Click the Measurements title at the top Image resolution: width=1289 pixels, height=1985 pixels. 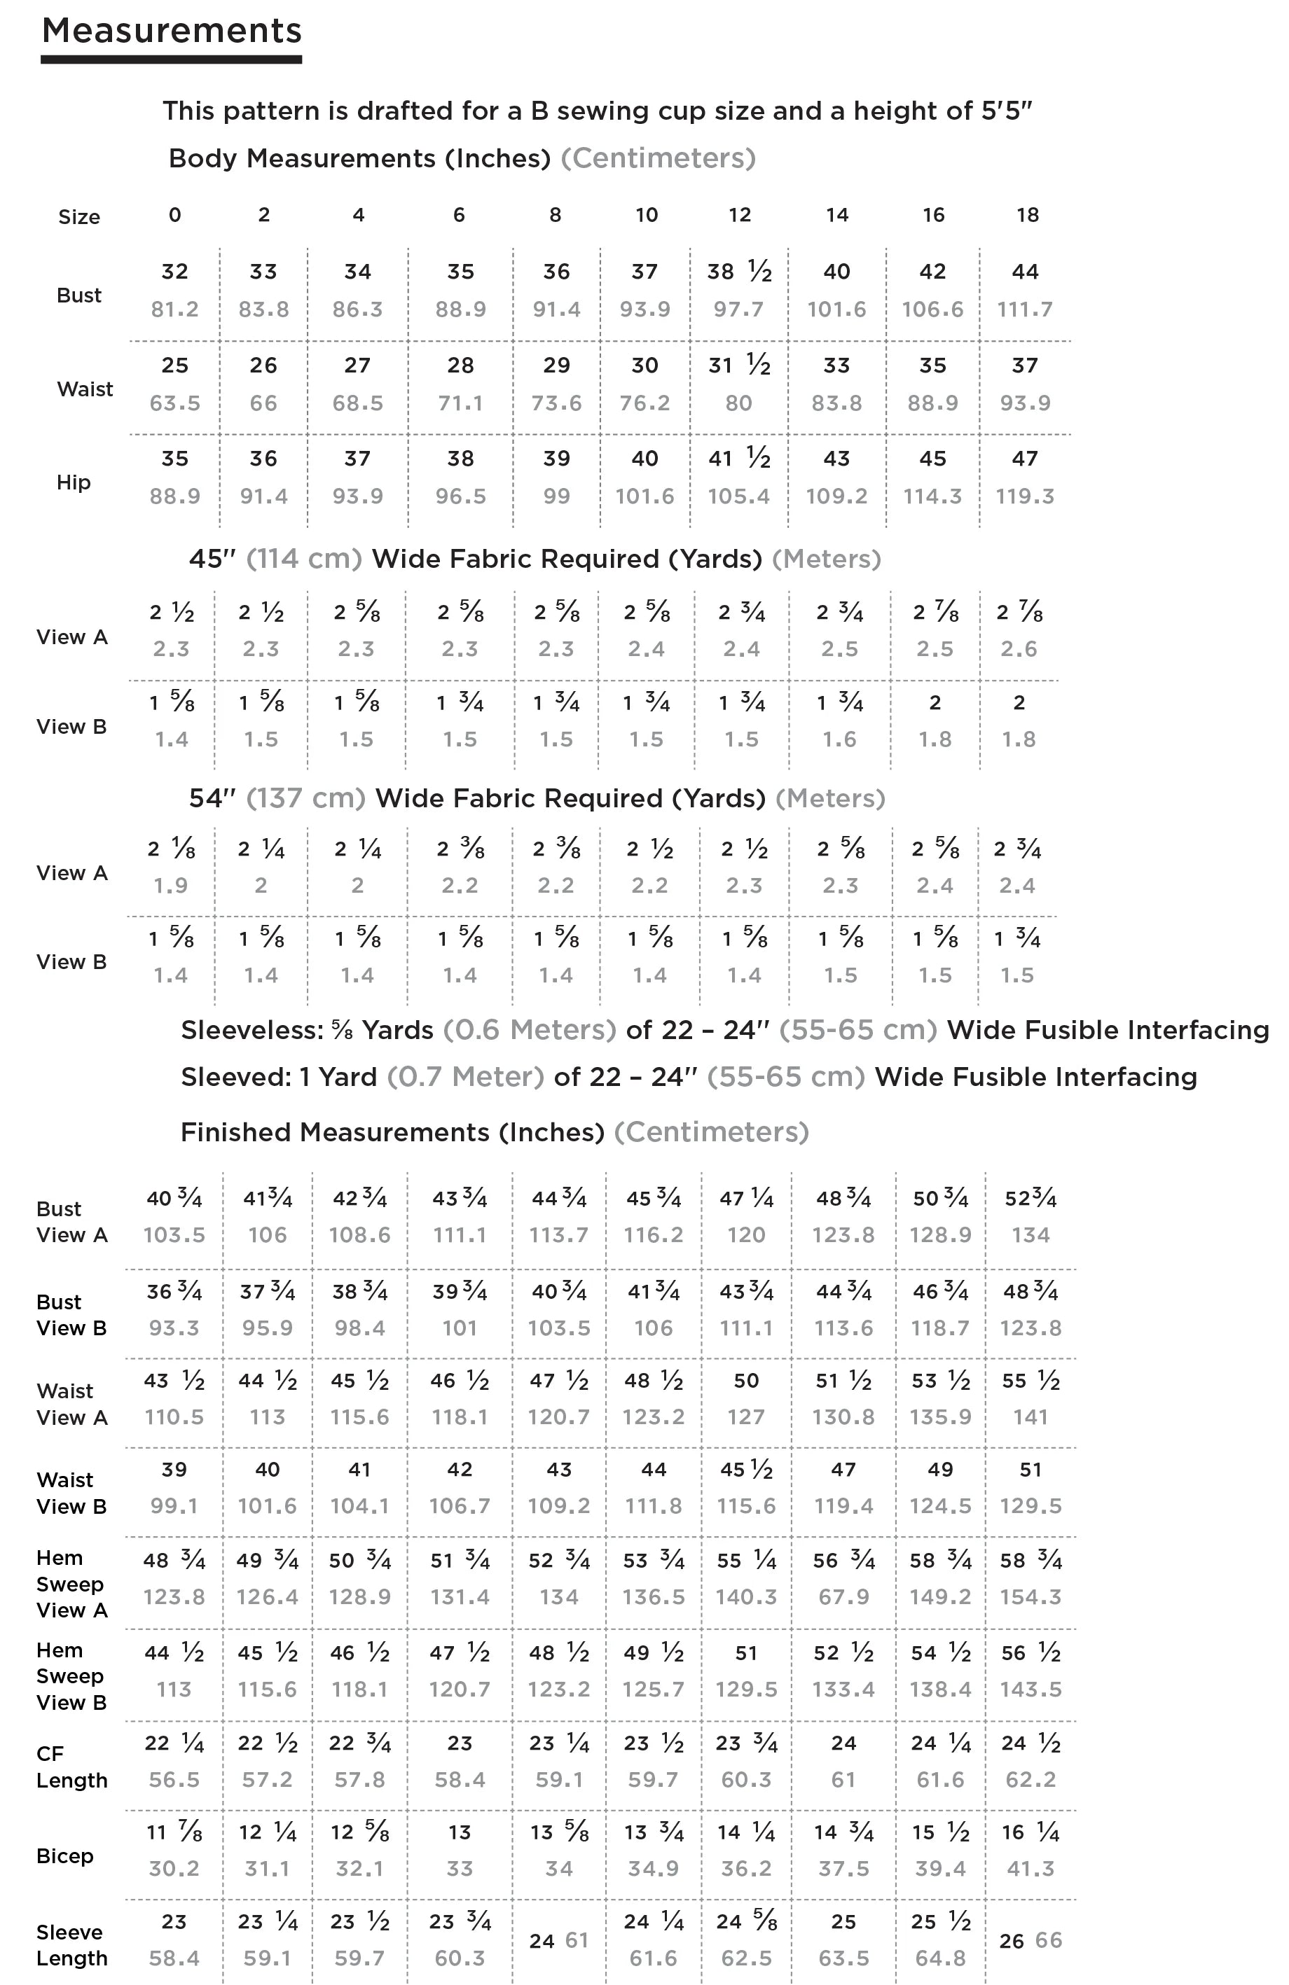pos(171,31)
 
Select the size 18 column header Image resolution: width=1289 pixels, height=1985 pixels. pos(1027,215)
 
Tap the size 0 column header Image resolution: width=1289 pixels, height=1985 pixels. pos(174,215)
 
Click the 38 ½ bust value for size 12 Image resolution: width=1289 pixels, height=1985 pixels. pos(738,272)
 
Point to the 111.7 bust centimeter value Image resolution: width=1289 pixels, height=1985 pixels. pos(1024,309)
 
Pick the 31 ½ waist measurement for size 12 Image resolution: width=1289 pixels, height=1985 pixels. pos(738,365)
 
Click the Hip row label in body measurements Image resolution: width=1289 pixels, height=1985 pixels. pos(74,482)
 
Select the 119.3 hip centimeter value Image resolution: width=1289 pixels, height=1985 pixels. pos(1024,496)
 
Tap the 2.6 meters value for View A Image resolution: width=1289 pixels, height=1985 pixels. pos(1019,649)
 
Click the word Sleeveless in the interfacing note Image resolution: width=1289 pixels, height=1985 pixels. pos(249,1030)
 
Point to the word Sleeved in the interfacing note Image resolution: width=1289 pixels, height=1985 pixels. pos(232,1077)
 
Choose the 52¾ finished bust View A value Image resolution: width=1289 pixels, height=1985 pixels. pos(1030,1199)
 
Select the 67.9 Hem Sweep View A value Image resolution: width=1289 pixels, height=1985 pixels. pos(843,1597)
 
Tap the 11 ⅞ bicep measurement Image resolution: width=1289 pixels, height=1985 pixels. pos(174,1832)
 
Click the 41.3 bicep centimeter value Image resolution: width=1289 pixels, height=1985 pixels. pos(1030,1869)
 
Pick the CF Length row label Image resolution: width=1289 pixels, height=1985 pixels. pos(71,1767)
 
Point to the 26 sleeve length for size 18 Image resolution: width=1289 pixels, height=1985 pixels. pos(1011,1942)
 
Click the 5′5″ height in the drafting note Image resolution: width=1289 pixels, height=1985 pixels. pos(1006,111)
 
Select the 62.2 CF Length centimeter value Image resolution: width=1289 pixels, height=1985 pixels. pos(1030,1780)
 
